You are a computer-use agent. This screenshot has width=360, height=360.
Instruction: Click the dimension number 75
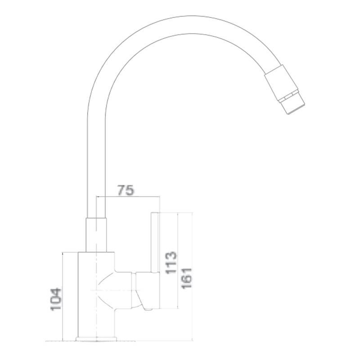tap(126, 190)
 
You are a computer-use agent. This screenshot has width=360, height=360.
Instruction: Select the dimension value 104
tap(56, 299)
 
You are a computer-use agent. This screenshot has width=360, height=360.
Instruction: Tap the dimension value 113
tap(171, 263)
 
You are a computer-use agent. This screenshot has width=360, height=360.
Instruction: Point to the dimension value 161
tap(186, 278)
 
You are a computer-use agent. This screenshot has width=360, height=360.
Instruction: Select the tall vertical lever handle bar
tap(155, 242)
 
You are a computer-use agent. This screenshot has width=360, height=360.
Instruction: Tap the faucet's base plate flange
tap(96, 339)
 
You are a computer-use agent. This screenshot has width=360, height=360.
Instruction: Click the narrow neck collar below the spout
tap(96, 235)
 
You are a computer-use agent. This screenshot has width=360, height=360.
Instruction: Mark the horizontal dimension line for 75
tap(128, 197)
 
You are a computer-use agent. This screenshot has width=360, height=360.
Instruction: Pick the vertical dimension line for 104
tap(63, 297)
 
